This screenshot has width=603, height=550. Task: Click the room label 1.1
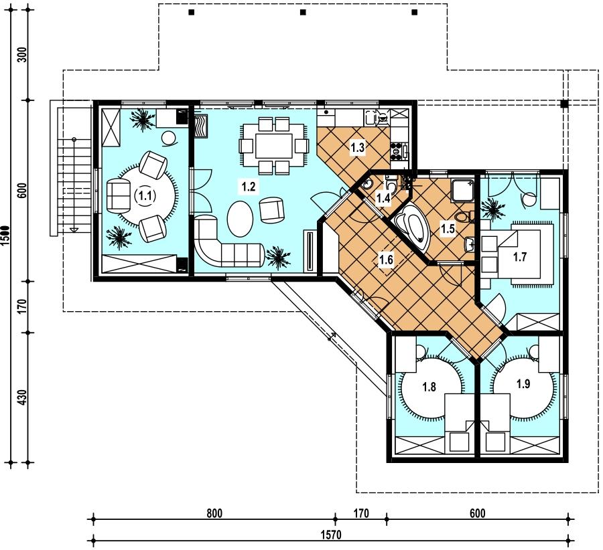[145, 196]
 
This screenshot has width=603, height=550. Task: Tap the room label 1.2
[249, 187]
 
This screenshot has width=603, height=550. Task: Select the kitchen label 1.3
[357, 147]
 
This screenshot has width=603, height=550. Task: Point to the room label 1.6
[386, 260]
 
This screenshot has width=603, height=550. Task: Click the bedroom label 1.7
[519, 256]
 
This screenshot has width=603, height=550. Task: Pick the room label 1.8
[429, 386]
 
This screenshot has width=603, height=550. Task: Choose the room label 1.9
[523, 383]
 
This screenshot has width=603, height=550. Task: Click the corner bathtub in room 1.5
[413, 225]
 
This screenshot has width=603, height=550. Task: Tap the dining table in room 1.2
[273, 146]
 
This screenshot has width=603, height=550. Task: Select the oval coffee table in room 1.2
[241, 219]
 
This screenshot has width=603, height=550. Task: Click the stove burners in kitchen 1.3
[396, 151]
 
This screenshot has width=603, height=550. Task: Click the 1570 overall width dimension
[331, 535]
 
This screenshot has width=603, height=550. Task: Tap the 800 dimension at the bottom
[214, 513]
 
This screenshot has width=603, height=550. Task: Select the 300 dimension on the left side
[23, 55]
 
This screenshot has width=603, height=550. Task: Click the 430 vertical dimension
[23, 397]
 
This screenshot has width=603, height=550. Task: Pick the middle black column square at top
[303, 12]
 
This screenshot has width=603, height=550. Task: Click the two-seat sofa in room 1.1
[119, 196]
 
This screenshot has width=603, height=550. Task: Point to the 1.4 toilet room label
[383, 198]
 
